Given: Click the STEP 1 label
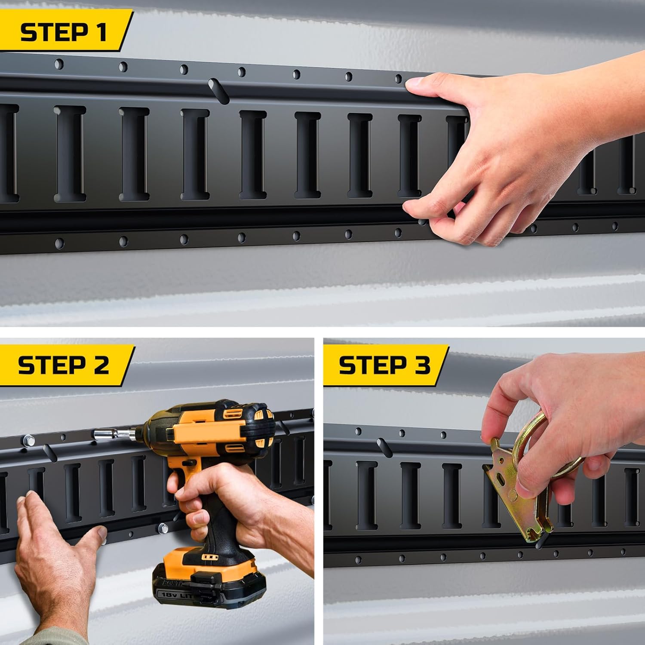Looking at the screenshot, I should tap(64, 33).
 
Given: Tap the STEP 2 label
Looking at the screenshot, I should tap(64, 365).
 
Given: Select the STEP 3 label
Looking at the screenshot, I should tap(384, 365).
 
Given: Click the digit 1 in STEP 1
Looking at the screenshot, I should tap(101, 33).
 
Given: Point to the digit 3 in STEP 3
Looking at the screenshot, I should tap(421, 365).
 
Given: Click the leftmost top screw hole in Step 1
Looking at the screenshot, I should tap(59, 64).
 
